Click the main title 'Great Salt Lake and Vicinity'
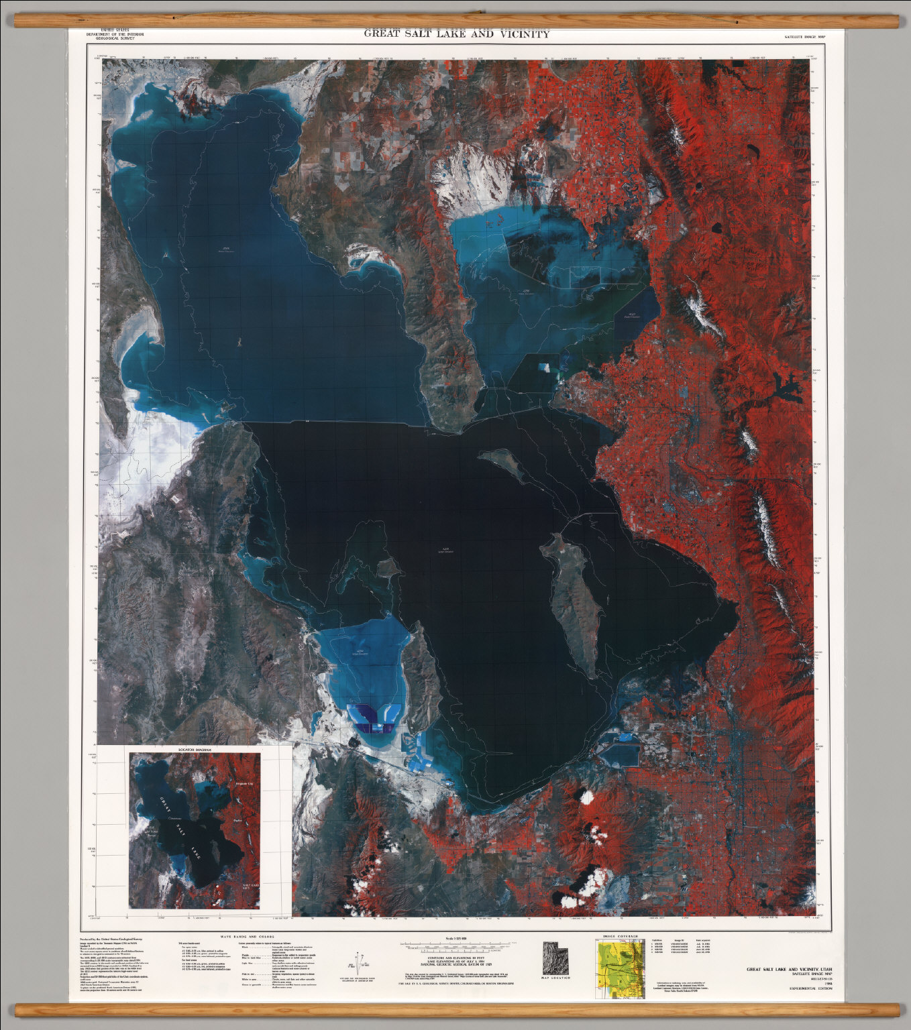pos(456,34)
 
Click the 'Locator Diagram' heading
pos(195,749)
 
